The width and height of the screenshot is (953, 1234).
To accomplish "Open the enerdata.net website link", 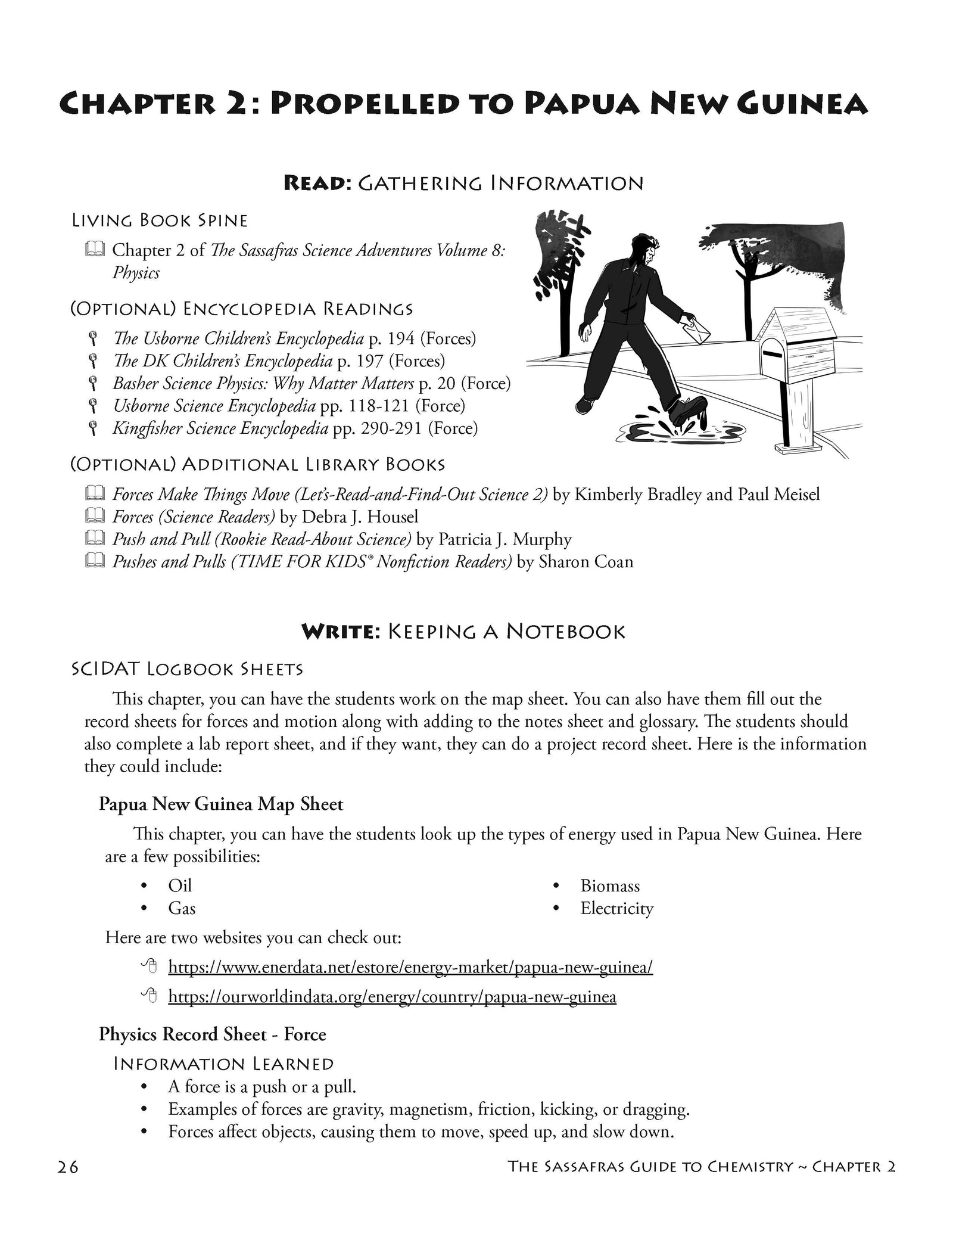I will point(410,966).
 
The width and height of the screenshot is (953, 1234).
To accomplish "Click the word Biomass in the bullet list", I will point(610,886).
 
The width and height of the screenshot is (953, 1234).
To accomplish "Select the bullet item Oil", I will point(180,886).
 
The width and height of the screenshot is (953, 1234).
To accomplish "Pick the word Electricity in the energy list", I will point(616,909).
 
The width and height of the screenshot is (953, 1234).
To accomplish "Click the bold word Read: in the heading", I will point(317,183).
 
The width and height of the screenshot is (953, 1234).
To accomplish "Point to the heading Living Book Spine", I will point(160,221).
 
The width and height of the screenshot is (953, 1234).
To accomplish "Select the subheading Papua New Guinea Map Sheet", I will point(221,804).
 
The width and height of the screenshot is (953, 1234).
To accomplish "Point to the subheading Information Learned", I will point(223,1064).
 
